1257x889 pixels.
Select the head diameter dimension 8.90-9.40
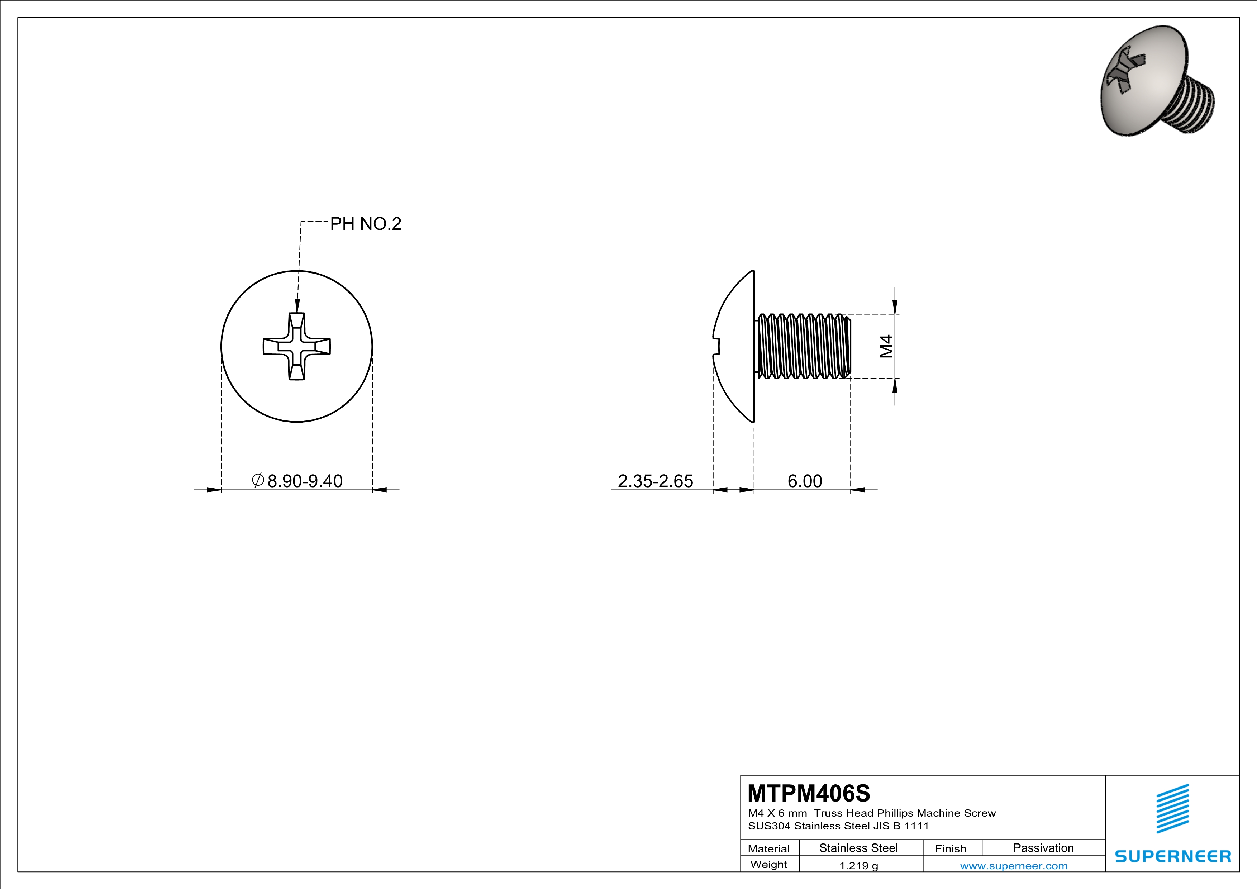(304, 481)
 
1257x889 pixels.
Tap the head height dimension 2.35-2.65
(655, 481)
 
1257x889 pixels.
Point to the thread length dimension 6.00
(804, 481)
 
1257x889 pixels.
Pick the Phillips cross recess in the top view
(297, 347)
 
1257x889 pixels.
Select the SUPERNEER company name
(1173, 856)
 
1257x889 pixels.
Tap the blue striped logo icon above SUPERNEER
(1172, 809)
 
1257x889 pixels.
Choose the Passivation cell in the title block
(1043, 848)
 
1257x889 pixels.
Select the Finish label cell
(951, 848)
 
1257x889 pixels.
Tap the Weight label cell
(769, 864)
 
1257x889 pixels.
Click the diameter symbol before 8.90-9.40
(258, 480)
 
